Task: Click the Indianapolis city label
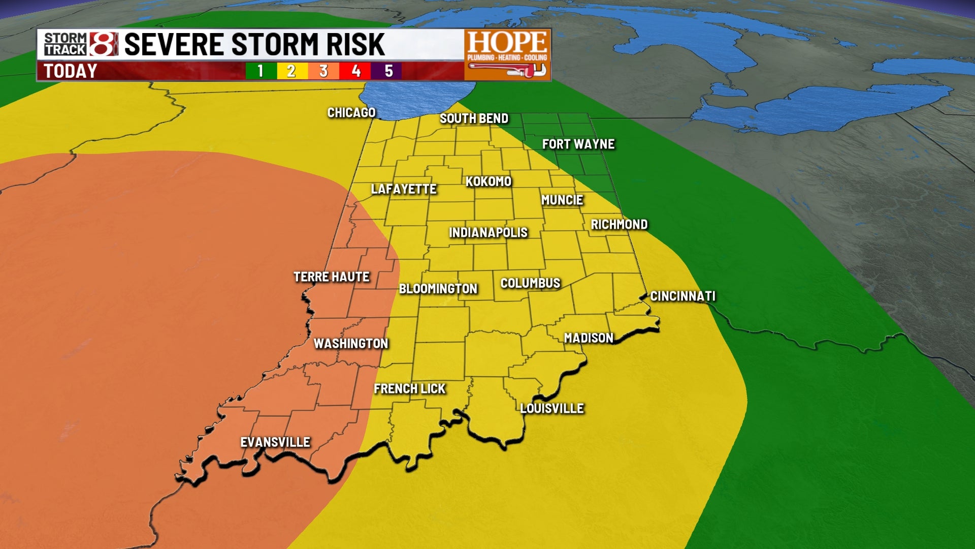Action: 488,233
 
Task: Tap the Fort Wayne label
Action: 578,144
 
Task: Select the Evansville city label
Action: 275,442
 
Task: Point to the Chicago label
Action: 351,113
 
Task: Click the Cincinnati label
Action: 682,296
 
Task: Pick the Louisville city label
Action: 551,408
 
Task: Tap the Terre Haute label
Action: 331,277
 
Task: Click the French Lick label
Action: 409,389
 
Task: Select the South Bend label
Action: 473,118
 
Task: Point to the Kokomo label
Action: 488,181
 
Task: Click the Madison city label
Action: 588,338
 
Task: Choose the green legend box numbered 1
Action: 261,71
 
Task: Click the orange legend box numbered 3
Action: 323,71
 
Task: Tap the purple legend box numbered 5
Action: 388,71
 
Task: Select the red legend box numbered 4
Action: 355,71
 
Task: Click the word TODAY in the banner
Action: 70,71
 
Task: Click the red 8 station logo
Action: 104,44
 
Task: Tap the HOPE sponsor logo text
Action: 507,42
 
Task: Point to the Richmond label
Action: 619,225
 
